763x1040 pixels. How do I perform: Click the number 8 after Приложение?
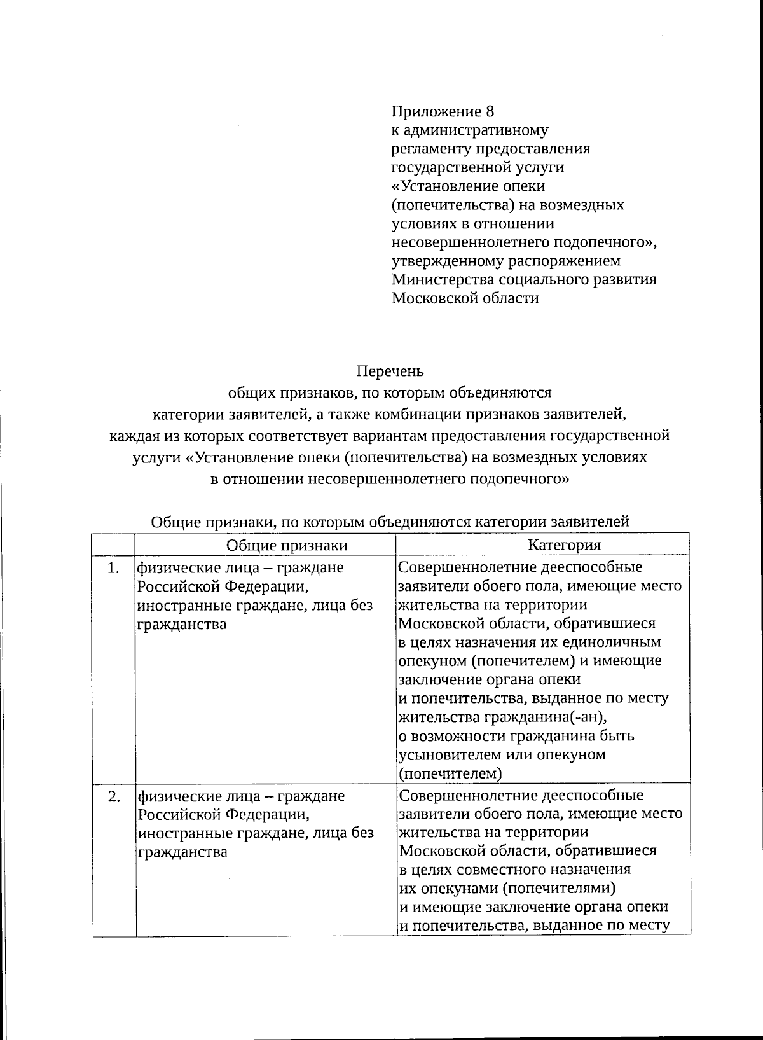pos(490,112)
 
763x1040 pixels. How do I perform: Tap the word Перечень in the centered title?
pos(390,371)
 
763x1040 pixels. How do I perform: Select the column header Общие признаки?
pos(287,545)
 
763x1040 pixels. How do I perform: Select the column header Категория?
pos(564,545)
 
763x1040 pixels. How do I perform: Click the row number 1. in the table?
pos(113,568)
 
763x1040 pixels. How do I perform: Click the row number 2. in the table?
pos(114,796)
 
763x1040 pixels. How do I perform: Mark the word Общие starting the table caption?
pos(174,522)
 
